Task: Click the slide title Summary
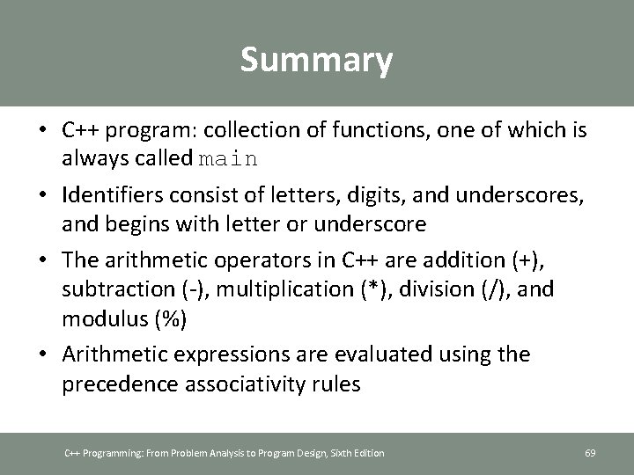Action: point(316,61)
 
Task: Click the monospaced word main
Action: point(228,160)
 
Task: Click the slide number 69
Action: point(590,453)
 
